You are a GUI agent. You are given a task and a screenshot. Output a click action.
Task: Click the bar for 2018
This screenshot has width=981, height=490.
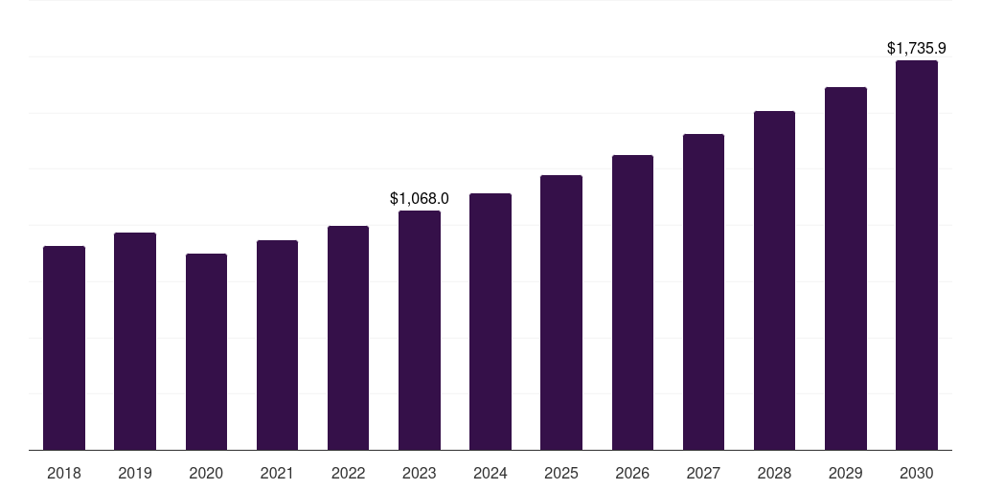[64, 348]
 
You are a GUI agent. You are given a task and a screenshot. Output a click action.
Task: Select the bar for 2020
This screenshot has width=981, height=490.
[206, 352]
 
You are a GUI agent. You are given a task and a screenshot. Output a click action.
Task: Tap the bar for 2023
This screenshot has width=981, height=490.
[420, 330]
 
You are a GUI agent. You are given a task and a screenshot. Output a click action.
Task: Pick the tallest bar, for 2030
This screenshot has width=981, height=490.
[917, 256]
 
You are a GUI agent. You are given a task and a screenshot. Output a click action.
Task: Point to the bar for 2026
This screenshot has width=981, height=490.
[632, 302]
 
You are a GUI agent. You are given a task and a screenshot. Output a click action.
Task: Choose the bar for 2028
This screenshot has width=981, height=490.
[774, 280]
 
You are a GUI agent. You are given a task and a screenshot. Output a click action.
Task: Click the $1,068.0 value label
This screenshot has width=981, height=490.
[420, 198]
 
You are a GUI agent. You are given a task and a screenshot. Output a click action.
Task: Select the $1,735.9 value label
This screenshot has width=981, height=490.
[917, 48]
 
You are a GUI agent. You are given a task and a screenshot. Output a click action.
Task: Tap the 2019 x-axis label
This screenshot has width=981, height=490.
[135, 473]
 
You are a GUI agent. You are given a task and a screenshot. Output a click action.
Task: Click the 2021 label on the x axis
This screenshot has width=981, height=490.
[277, 473]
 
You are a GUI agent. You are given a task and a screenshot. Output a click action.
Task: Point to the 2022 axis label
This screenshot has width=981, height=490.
[349, 473]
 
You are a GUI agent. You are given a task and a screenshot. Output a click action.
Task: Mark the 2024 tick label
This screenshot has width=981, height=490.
[490, 473]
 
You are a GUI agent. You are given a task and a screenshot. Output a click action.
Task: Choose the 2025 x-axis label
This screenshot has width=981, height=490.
[561, 473]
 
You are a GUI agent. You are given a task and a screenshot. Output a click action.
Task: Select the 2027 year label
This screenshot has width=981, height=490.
[703, 473]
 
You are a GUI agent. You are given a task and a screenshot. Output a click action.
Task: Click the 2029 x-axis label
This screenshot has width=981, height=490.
[846, 473]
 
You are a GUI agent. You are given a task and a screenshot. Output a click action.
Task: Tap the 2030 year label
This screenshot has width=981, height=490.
[917, 473]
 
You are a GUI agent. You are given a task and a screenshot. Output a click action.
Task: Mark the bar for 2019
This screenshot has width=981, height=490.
[135, 342]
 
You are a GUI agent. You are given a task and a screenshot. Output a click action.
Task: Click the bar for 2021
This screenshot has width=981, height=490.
[277, 345]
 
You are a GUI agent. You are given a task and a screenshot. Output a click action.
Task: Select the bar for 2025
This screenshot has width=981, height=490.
[561, 313]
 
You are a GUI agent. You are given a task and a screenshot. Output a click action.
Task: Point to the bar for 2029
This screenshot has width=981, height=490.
[846, 269]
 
